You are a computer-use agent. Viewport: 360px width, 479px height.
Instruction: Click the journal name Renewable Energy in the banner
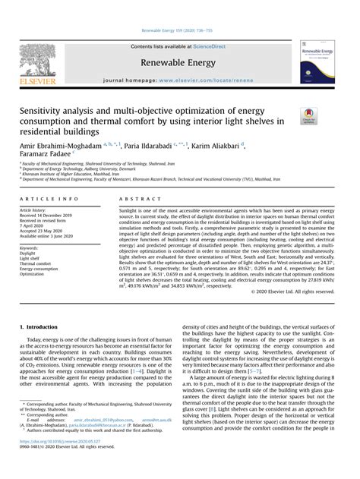click(x=179, y=64)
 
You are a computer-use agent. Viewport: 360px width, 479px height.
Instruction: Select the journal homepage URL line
click(x=179, y=80)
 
